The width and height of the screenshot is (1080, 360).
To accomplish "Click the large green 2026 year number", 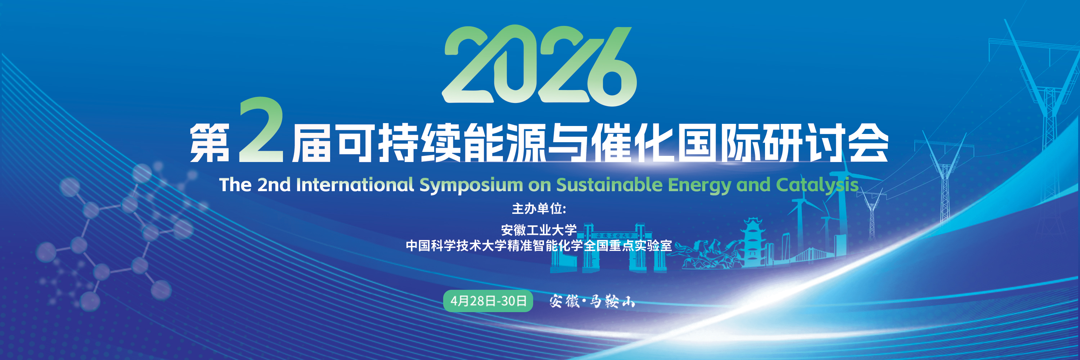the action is (x=540, y=64).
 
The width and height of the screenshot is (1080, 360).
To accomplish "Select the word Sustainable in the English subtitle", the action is (x=609, y=184).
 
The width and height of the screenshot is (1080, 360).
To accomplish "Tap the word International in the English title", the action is (x=355, y=184).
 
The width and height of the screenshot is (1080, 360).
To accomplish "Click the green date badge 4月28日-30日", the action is (x=488, y=301).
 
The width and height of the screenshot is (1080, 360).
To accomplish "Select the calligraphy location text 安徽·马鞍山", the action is (x=592, y=301).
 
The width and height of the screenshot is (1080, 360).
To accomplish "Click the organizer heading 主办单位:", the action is (x=539, y=209).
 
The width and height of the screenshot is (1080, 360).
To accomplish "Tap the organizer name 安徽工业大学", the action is (x=539, y=230).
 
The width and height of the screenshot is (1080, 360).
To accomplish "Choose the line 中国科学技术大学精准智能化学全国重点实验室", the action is (x=539, y=246).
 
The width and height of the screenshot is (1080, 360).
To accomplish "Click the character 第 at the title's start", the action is (x=210, y=143).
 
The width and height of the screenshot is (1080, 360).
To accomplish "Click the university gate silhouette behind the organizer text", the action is (x=608, y=247).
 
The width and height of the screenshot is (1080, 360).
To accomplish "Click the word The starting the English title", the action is (x=235, y=184).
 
